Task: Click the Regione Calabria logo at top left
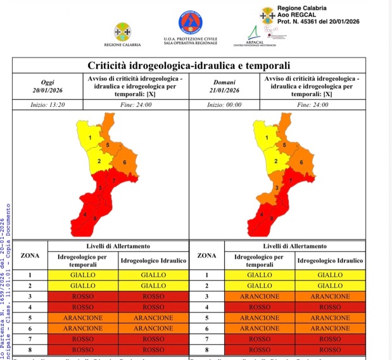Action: click(x=122, y=32)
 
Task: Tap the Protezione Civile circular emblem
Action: click(x=190, y=23)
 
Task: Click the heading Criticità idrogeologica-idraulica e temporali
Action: click(x=189, y=65)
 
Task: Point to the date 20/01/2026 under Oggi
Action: click(x=47, y=90)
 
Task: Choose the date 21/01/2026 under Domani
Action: click(x=225, y=90)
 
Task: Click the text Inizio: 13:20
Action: click(x=47, y=104)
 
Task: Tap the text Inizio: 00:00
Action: click(x=225, y=104)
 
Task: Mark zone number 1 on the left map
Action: click(x=89, y=137)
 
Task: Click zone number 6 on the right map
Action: click(x=301, y=163)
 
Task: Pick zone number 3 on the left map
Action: click(x=99, y=188)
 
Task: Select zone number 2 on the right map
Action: click(x=275, y=161)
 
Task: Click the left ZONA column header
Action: click(x=30, y=256)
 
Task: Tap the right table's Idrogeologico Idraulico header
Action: click(x=330, y=260)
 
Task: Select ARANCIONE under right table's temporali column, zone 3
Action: click(x=260, y=296)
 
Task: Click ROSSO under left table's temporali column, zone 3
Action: click(x=83, y=296)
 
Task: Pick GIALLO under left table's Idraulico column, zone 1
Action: click(x=153, y=275)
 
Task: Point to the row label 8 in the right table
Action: click(x=207, y=349)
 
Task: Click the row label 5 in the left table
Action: click(x=30, y=317)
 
